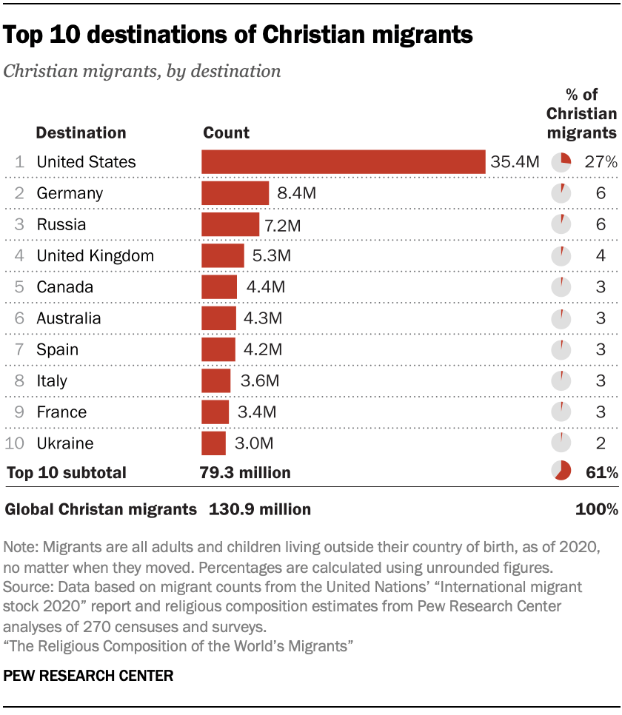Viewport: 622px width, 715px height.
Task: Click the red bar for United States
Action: click(x=343, y=162)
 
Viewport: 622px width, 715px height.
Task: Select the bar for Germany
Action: click(x=235, y=193)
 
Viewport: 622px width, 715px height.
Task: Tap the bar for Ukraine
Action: click(x=213, y=443)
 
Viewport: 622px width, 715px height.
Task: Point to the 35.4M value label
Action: click(x=515, y=162)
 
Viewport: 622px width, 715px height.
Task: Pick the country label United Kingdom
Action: click(x=96, y=256)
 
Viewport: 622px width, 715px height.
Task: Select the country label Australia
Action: click(x=69, y=319)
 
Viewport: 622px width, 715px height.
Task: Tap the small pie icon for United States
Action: click(x=561, y=162)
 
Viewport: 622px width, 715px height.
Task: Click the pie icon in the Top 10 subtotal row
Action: click(x=561, y=471)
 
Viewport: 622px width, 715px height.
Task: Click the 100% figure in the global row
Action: click(x=597, y=509)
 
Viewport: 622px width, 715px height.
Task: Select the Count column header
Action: click(x=226, y=133)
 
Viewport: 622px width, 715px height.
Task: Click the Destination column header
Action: click(x=81, y=133)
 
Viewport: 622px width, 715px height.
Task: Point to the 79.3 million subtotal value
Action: click(x=245, y=472)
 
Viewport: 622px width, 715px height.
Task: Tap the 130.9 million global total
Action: click(x=260, y=509)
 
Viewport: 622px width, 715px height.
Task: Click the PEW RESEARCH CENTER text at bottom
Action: click(x=89, y=675)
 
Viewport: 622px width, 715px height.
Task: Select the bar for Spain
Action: click(x=218, y=350)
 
